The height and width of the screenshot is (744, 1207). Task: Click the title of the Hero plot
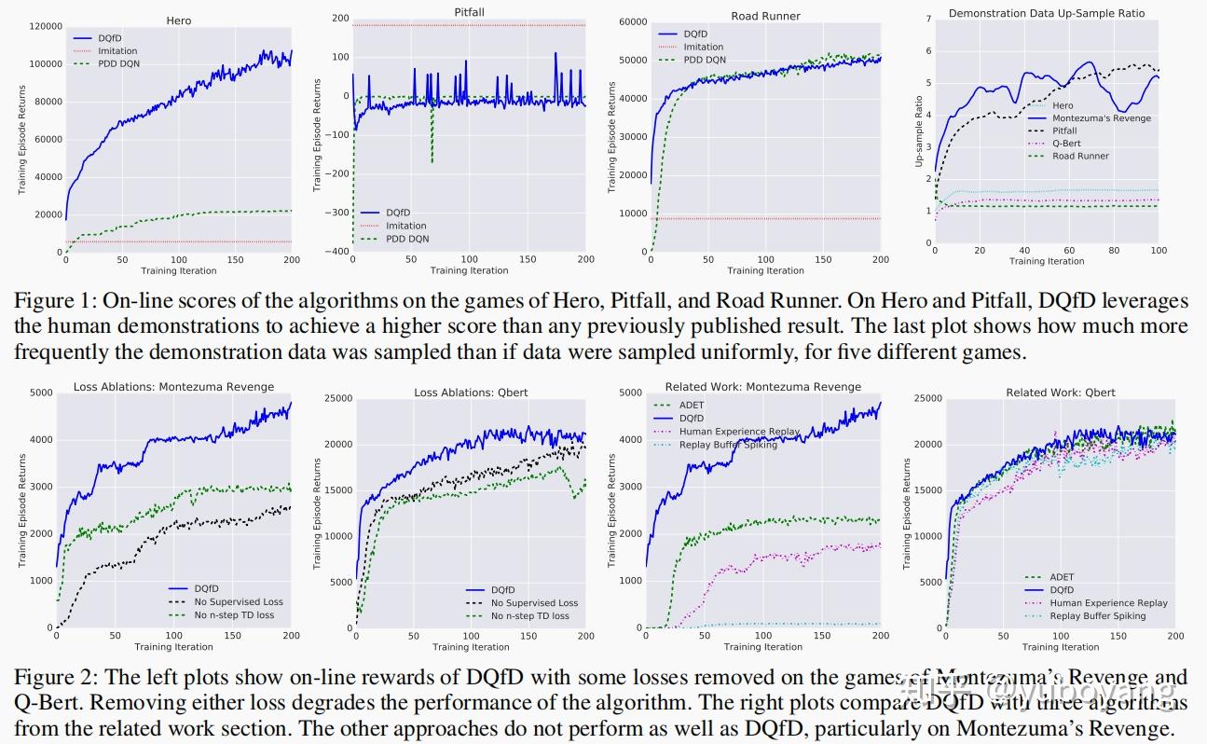click(x=178, y=20)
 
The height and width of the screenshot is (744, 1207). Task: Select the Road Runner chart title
click(x=766, y=16)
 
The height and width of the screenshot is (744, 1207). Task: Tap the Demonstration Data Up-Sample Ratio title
click(x=1046, y=13)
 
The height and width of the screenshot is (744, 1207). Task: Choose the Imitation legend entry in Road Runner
click(x=703, y=47)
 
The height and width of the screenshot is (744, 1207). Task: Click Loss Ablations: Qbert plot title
click(x=471, y=393)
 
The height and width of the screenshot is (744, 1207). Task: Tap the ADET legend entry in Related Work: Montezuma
click(x=693, y=405)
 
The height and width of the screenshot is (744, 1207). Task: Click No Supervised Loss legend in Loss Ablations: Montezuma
click(x=240, y=602)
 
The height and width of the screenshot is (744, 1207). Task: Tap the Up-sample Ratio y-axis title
click(x=918, y=131)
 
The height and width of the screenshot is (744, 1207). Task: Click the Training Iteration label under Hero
click(x=178, y=271)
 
